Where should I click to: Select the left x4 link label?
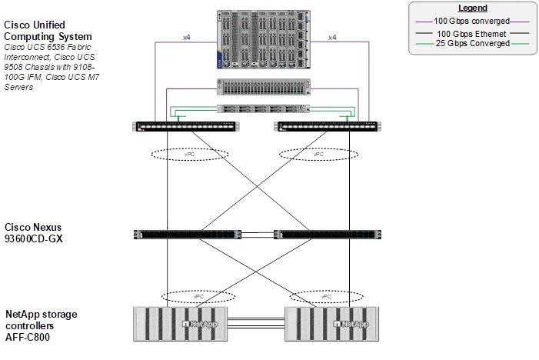point(185,37)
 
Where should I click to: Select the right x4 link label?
point(333,37)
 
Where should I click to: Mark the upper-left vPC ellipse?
point(188,154)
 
